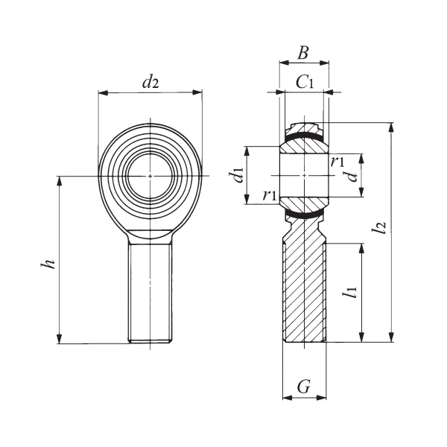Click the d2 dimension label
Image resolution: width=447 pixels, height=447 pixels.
150,83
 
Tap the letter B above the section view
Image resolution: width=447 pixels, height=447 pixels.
302,54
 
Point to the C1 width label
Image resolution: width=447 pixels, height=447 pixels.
304,82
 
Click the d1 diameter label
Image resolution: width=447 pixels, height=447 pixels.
238,176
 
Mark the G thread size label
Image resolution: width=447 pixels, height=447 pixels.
303,387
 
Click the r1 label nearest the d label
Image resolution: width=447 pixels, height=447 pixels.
337,162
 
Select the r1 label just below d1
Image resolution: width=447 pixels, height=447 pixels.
270,195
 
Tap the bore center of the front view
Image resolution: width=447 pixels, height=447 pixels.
150,176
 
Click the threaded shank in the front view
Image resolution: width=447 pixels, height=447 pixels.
150,294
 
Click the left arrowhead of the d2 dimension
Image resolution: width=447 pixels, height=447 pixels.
102,93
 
